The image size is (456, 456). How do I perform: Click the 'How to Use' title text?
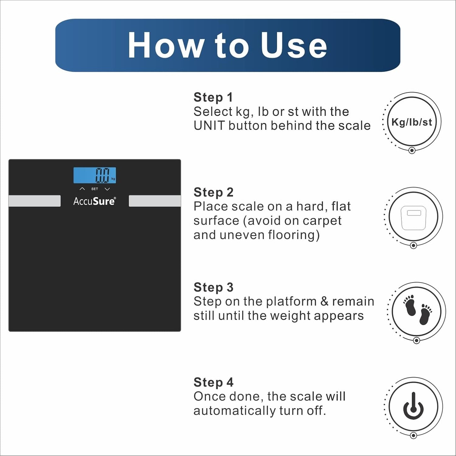tap(228, 45)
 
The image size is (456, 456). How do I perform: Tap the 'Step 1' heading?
tap(213, 98)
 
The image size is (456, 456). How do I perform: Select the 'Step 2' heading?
tap(213, 192)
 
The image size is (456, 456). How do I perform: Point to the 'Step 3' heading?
tap(213, 287)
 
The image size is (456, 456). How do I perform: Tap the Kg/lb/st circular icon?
tap(412, 122)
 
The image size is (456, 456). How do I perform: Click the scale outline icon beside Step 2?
tap(413, 218)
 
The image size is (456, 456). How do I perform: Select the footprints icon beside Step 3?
tap(418, 310)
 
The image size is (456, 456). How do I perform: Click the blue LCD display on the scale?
tap(95, 175)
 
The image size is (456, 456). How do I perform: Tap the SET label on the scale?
tap(95, 189)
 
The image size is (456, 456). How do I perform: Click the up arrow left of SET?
tap(82, 189)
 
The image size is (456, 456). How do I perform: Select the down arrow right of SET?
tap(107, 189)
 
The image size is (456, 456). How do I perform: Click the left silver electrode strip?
tap(34, 201)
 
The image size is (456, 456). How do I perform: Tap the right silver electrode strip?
tap(155, 201)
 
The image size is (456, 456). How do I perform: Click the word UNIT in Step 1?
tap(209, 126)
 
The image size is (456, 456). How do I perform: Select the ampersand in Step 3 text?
tap(324, 301)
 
